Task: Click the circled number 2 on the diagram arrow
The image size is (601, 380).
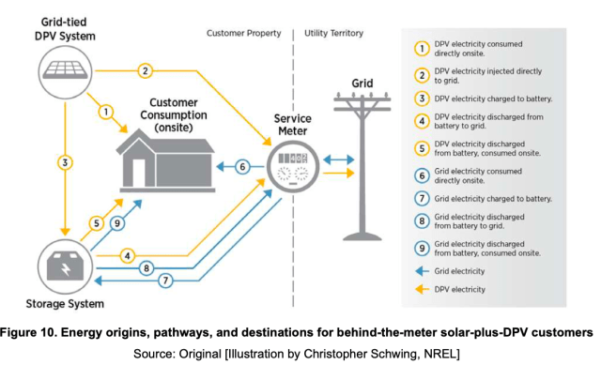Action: tap(145, 69)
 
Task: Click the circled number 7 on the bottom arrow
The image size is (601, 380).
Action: tap(165, 280)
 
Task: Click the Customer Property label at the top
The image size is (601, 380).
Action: tap(244, 34)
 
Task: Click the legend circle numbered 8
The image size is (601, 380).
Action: tap(424, 224)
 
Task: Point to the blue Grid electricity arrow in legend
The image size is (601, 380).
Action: tap(423, 271)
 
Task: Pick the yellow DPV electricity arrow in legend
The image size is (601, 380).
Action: tap(423, 288)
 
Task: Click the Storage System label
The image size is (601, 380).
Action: tap(65, 304)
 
